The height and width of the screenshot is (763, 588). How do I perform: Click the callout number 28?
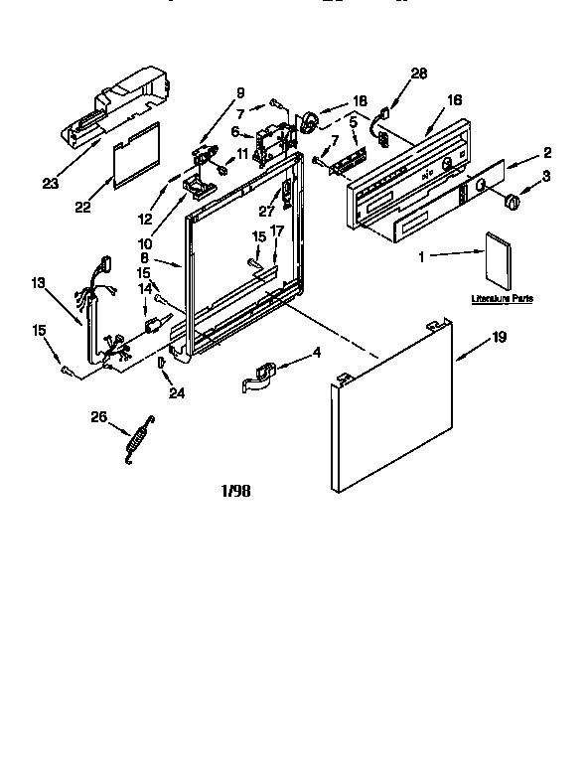(x=418, y=74)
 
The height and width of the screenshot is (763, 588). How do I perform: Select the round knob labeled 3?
(x=514, y=202)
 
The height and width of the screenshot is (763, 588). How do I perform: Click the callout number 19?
(x=499, y=338)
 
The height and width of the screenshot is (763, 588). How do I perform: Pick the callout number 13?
(x=39, y=283)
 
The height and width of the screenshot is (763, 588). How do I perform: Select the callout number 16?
(x=455, y=100)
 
